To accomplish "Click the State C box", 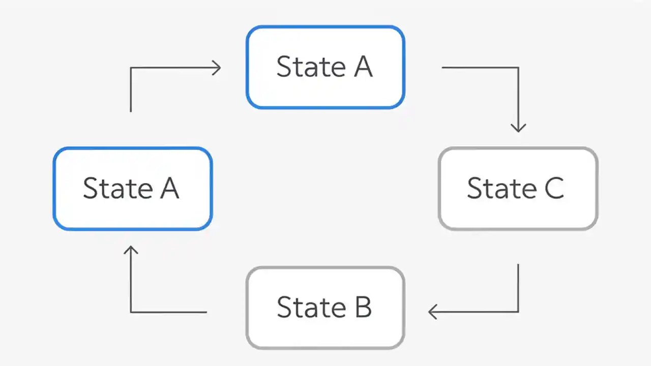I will click(x=518, y=189).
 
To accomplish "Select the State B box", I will click(x=325, y=308).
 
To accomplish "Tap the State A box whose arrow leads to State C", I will click(x=325, y=67).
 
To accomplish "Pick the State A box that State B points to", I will click(x=132, y=189).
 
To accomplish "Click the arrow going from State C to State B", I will click(x=518, y=295).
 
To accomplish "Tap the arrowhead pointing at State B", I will click(x=432, y=312).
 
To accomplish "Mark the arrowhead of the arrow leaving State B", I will click(x=131, y=250).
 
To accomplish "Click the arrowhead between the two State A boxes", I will click(x=217, y=68).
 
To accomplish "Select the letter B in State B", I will click(x=363, y=308).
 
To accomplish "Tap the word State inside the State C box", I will click(x=501, y=188).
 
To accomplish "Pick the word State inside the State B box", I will click(x=310, y=308).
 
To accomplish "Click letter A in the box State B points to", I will click(x=169, y=188).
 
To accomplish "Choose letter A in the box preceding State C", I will click(x=363, y=67).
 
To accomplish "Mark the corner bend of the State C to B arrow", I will click(x=518, y=312).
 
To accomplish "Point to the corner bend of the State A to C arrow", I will click(x=518, y=68).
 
